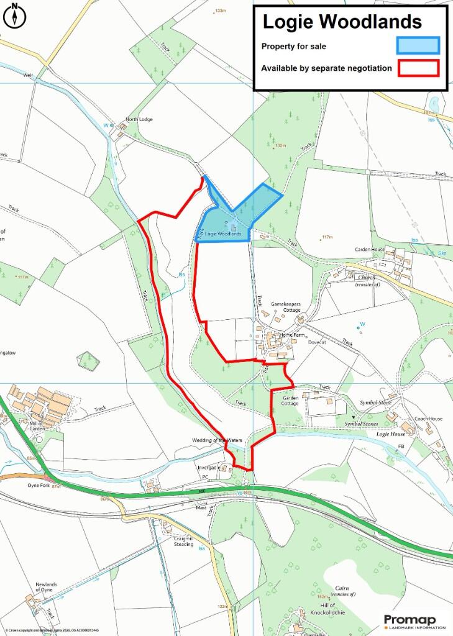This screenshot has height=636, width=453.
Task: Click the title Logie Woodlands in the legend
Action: (342, 22)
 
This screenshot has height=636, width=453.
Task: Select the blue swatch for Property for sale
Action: (418, 45)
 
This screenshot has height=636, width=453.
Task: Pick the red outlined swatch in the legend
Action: (418, 68)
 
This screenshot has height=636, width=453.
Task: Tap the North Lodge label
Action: (139, 119)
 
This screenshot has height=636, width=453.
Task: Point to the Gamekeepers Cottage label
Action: (286, 306)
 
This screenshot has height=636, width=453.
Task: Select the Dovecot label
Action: (317, 342)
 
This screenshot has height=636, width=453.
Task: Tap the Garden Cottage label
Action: (290, 400)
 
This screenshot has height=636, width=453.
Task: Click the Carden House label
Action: (370, 249)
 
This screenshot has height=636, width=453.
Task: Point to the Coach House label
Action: (429, 419)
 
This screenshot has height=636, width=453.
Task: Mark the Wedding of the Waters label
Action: (216, 440)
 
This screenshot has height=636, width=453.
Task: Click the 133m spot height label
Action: (220, 11)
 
